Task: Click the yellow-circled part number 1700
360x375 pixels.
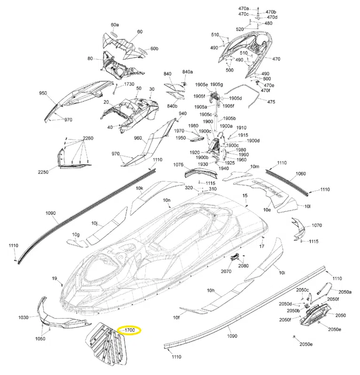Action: [130, 330]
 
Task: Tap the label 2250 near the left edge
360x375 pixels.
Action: [43, 172]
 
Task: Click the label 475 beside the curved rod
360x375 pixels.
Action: [271, 102]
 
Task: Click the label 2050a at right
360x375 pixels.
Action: [344, 292]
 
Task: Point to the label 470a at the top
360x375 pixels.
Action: [243, 8]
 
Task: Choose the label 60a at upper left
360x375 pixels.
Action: [115, 24]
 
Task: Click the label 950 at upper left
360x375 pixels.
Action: [43, 94]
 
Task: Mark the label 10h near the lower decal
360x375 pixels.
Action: [211, 289]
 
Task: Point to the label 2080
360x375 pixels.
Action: [243, 266]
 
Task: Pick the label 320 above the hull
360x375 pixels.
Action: [189, 187]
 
